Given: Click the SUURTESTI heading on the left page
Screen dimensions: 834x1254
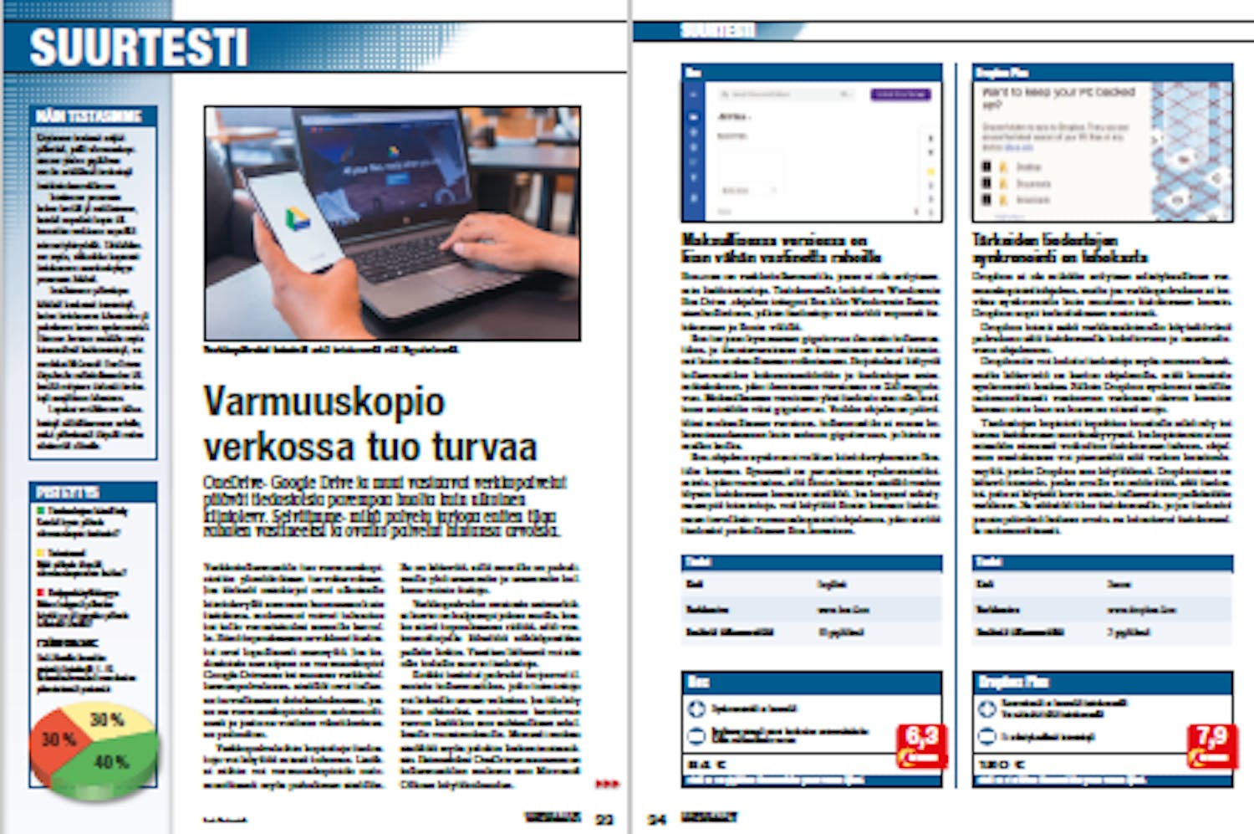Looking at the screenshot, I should (x=139, y=48).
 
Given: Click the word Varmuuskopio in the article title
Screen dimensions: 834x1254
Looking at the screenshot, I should (x=324, y=402).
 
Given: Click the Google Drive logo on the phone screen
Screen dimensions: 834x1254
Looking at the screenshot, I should (x=298, y=220).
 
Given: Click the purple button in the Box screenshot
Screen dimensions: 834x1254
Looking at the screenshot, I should (x=900, y=95).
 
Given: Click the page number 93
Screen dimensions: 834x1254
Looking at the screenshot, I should (x=604, y=819).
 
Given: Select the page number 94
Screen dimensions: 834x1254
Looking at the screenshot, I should (x=658, y=819).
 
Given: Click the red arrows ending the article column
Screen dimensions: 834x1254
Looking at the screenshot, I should (x=607, y=784).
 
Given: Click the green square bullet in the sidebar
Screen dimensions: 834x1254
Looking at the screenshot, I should (x=40, y=510).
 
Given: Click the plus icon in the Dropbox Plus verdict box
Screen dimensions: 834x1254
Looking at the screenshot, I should (x=987, y=709).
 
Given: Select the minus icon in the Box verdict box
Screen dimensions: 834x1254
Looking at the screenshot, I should (x=696, y=736).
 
